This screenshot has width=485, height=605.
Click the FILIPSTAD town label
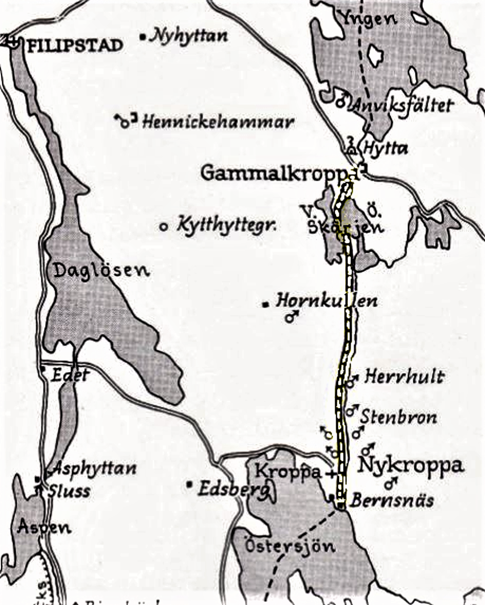click(x=74, y=45)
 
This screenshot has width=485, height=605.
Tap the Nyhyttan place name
click(x=189, y=36)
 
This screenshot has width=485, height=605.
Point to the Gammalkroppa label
click(x=275, y=174)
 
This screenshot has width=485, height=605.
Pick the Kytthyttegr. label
click(x=226, y=226)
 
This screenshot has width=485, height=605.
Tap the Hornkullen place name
click(x=326, y=301)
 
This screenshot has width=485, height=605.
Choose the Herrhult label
click(x=404, y=376)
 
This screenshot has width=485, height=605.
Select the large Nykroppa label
click(x=411, y=465)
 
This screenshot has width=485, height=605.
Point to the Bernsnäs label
click(x=392, y=500)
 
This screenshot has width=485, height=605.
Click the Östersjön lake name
click(x=290, y=546)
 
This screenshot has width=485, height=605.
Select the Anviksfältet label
click(x=402, y=105)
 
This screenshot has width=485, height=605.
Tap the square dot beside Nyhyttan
click(x=142, y=37)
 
